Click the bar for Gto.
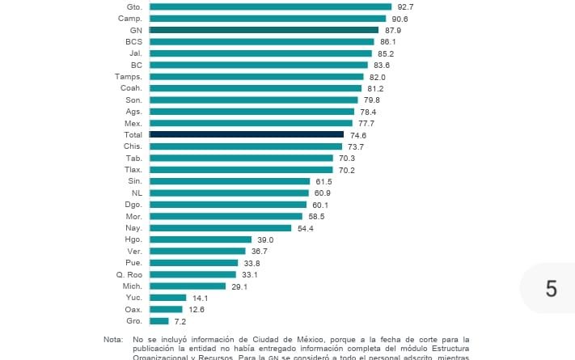270,6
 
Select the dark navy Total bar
247,134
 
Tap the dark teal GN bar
264,30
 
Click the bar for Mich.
188,286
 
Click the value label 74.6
357,135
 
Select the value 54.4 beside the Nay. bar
306,229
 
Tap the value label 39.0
265,240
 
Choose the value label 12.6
197,310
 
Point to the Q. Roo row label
129,275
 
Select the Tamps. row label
129,76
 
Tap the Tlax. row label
133,170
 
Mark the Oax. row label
134,310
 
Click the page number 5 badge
552,289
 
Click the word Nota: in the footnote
113,340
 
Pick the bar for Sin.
230,181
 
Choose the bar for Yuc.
168,298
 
